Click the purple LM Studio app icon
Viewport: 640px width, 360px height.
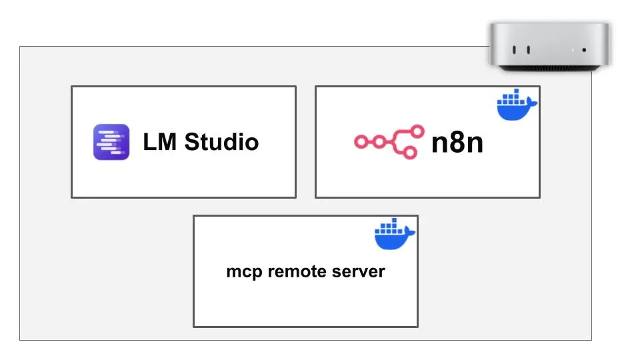[x=111, y=142]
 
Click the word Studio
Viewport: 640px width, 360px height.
[x=221, y=142]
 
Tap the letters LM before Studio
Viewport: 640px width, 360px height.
[x=159, y=142]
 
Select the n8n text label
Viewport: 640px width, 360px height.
[x=457, y=143]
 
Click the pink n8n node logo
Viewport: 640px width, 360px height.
[x=389, y=141]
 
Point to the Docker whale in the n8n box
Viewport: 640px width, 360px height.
[x=517, y=105]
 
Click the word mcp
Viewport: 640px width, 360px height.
[x=244, y=272]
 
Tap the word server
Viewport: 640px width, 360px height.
[x=359, y=272]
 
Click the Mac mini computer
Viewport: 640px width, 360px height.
[x=549, y=47]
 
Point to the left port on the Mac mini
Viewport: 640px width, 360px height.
[x=514, y=50]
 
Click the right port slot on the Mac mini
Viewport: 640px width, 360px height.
[x=529, y=50]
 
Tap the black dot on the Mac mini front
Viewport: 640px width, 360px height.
[x=585, y=50]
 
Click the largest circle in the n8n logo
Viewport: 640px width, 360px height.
[x=417, y=131]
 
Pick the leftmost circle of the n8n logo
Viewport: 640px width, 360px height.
[x=361, y=142]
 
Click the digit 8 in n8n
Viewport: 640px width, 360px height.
[x=457, y=142]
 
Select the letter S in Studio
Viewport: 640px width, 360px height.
[x=193, y=142]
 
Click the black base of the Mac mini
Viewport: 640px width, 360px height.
[x=549, y=68]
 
